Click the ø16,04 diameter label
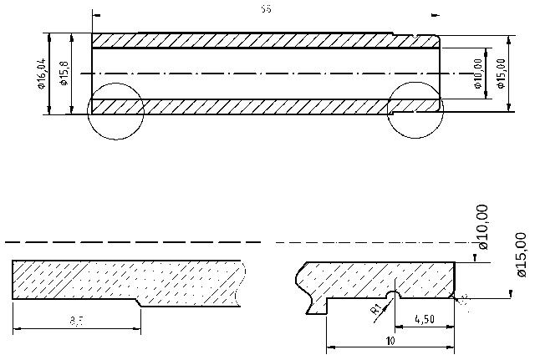(x=41, y=74)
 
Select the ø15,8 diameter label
(x=64, y=74)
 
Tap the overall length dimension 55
(x=265, y=10)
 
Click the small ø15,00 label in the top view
(x=501, y=74)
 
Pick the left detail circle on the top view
(x=115, y=110)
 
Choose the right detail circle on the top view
(x=415, y=110)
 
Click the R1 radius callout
(x=376, y=309)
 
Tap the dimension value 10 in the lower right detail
(x=390, y=341)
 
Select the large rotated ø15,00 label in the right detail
(x=521, y=254)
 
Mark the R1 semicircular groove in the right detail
(x=394, y=295)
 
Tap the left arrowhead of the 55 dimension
(x=96, y=14)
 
